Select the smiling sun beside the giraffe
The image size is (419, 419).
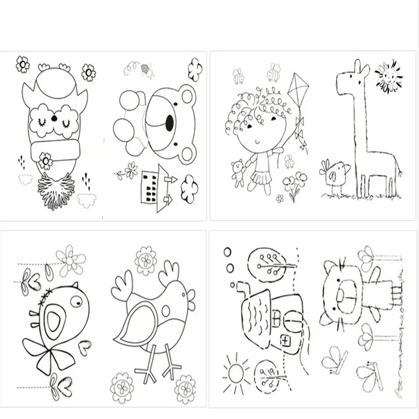[x=388, y=77]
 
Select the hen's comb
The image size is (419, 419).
[x=170, y=273]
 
